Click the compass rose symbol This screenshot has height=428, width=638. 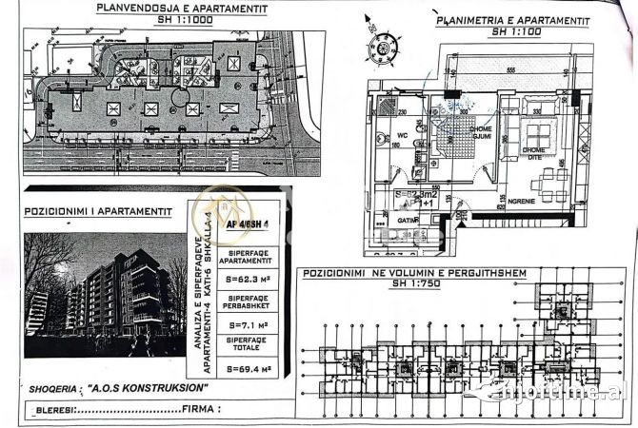click(x=384, y=47)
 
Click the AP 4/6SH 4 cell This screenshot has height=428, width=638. click(x=249, y=225)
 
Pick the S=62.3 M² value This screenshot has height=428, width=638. click(x=248, y=282)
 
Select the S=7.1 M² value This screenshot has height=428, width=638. click(x=248, y=324)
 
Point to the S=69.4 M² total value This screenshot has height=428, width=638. click(x=248, y=366)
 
